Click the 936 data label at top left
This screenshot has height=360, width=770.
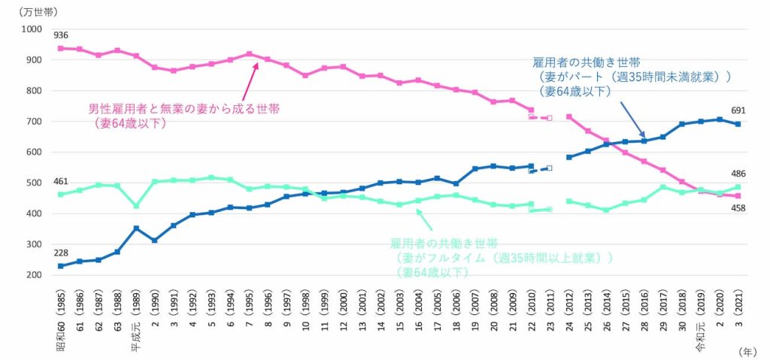(62, 35)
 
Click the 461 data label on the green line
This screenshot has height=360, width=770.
(62, 181)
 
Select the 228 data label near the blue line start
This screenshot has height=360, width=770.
(62, 253)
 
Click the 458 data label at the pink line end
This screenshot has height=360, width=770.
(738, 208)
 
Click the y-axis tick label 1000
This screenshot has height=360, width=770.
(32, 29)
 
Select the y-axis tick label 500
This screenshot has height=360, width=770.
(35, 183)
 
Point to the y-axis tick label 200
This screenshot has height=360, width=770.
(35, 275)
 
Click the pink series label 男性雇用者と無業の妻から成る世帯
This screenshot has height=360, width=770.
(184, 110)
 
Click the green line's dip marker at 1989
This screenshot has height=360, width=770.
(136, 206)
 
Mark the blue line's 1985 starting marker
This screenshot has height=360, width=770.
(61, 266)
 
